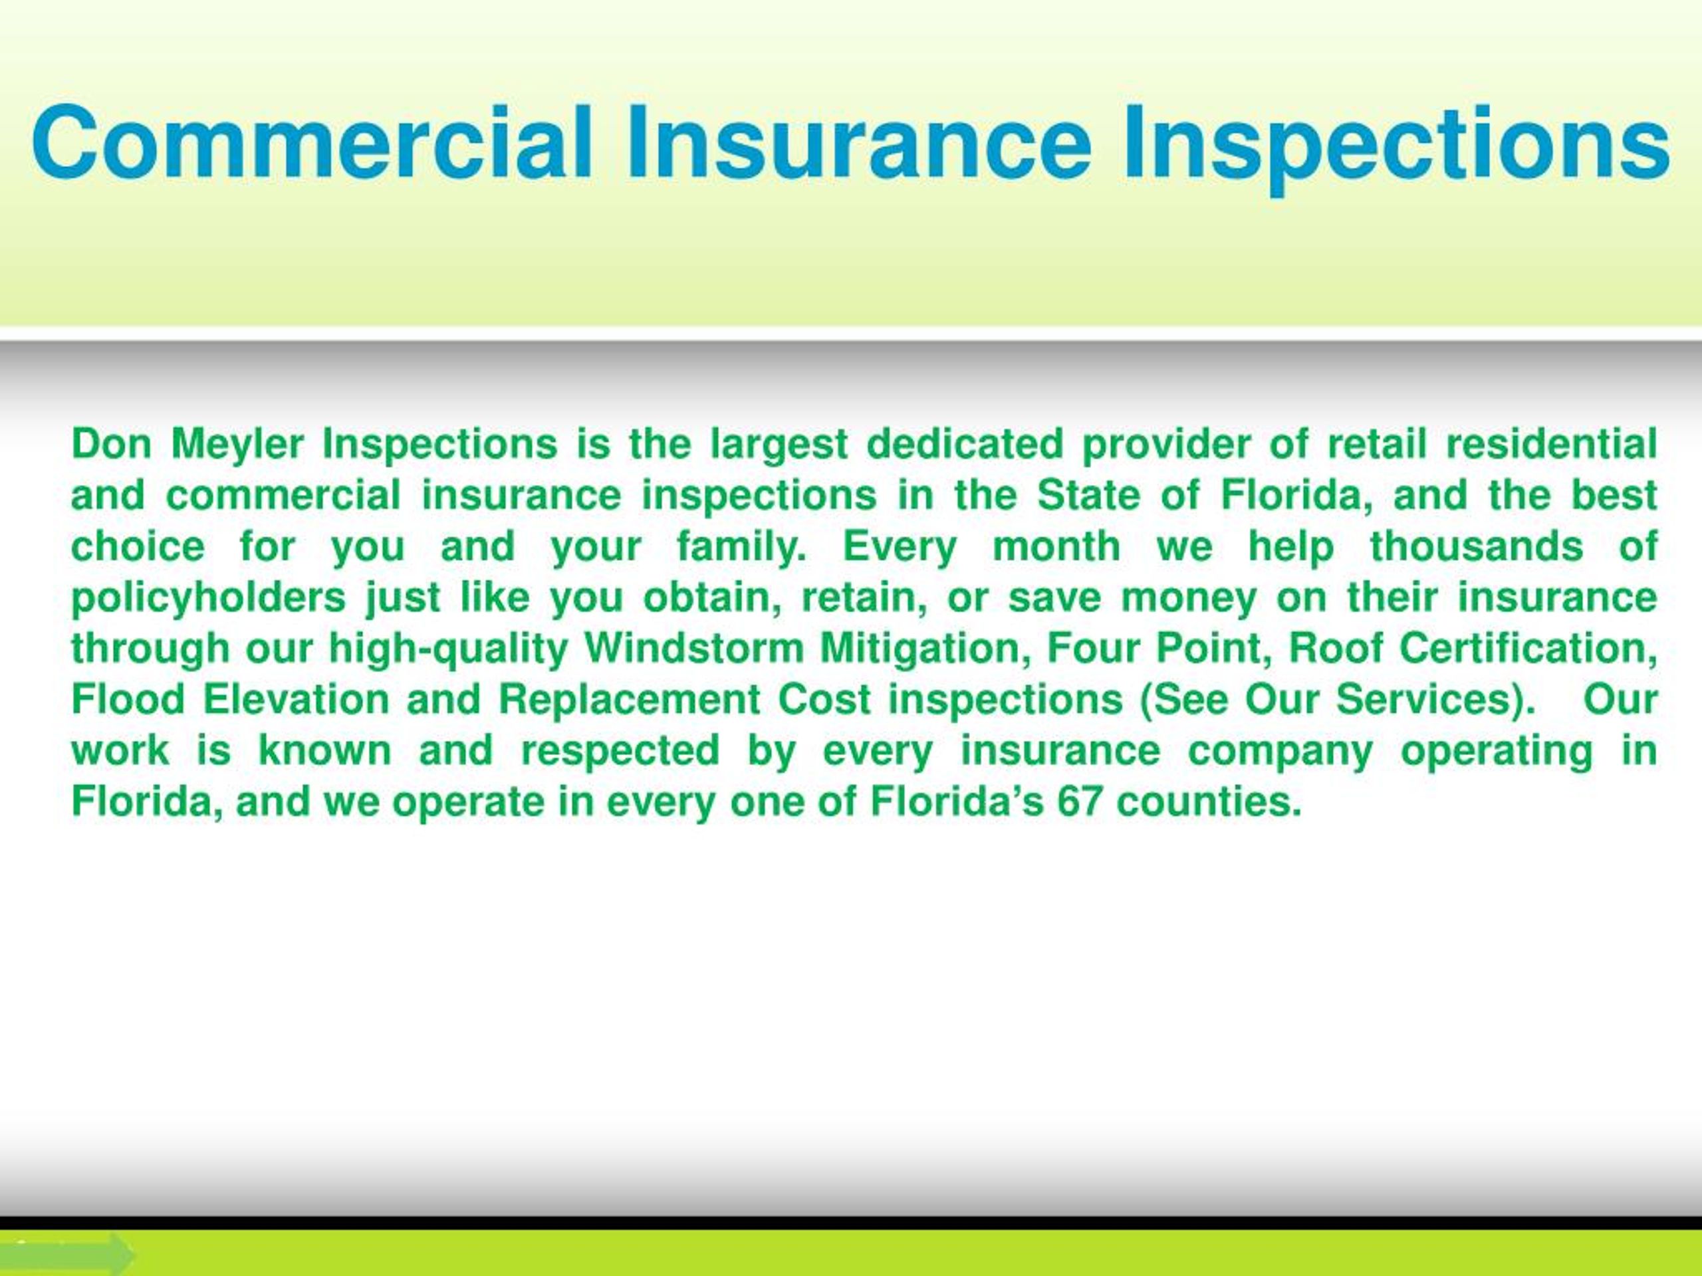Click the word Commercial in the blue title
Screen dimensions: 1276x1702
(312, 142)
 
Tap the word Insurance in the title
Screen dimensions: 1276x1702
(859, 142)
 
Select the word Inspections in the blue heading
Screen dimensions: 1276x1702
(1395, 146)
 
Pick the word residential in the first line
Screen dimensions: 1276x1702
(1551, 445)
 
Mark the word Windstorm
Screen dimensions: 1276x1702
(693, 649)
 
